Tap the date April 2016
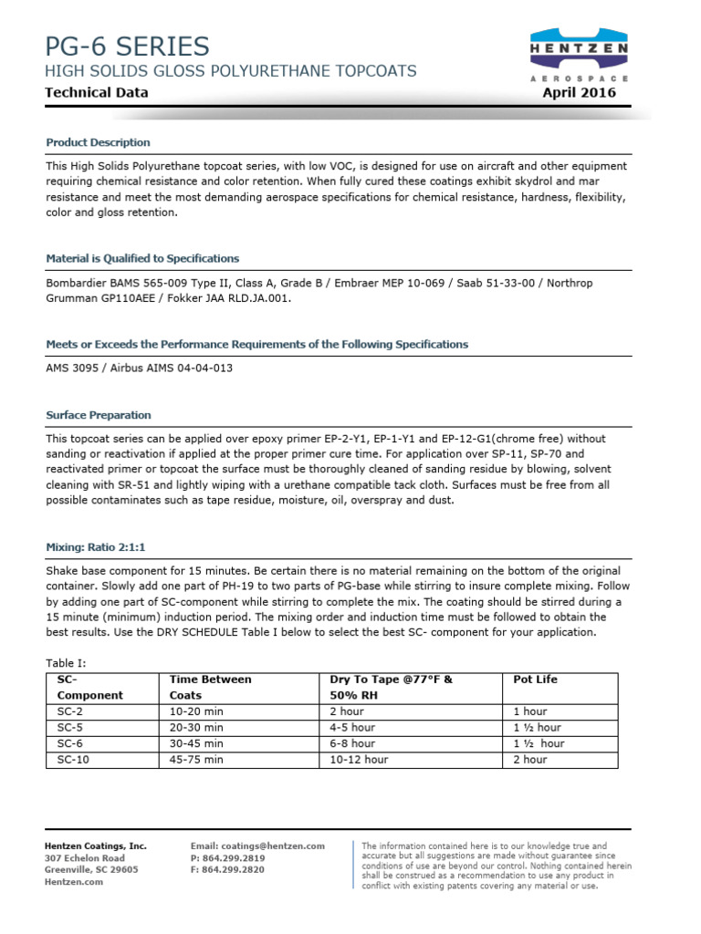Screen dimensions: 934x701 click(x=579, y=92)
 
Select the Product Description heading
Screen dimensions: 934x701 click(x=98, y=142)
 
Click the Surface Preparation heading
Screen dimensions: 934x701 click(x=98, y=415)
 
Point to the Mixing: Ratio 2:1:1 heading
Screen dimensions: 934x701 click(x=96, y=547)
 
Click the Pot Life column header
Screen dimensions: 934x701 click(x=535, y=680)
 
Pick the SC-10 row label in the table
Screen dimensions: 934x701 click(x=72, y=759)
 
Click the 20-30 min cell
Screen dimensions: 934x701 click(x=196, y=727)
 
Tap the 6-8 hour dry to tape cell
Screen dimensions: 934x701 click(x=351, y=743)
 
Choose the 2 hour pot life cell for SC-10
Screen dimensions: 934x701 click(x=530, y=759)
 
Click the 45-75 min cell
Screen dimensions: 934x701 click(x=196, y=759)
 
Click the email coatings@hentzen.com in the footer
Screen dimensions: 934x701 click(x=257, y=846)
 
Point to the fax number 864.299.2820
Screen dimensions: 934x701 click(x=227, y=870)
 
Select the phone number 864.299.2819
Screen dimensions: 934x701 click(x=227, y=858)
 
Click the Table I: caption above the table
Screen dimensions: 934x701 click(x=65, y=663)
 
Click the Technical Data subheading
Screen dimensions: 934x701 click(x=97, y=92)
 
